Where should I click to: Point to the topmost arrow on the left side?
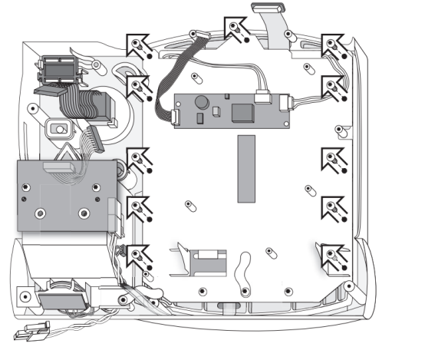click(x=137, y=44)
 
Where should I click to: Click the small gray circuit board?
click(x=230, y=111)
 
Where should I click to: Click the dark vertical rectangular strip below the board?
click(x=245, y=168)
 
